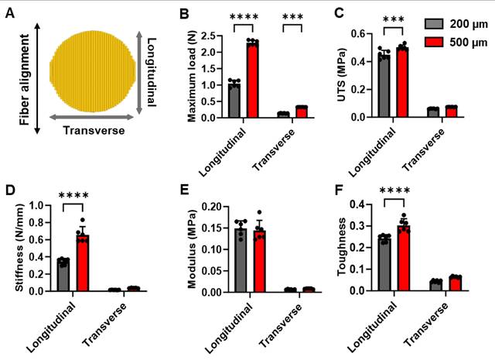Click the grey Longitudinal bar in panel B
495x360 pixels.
coord(234,99)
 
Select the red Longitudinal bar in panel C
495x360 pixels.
coord(401,82)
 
